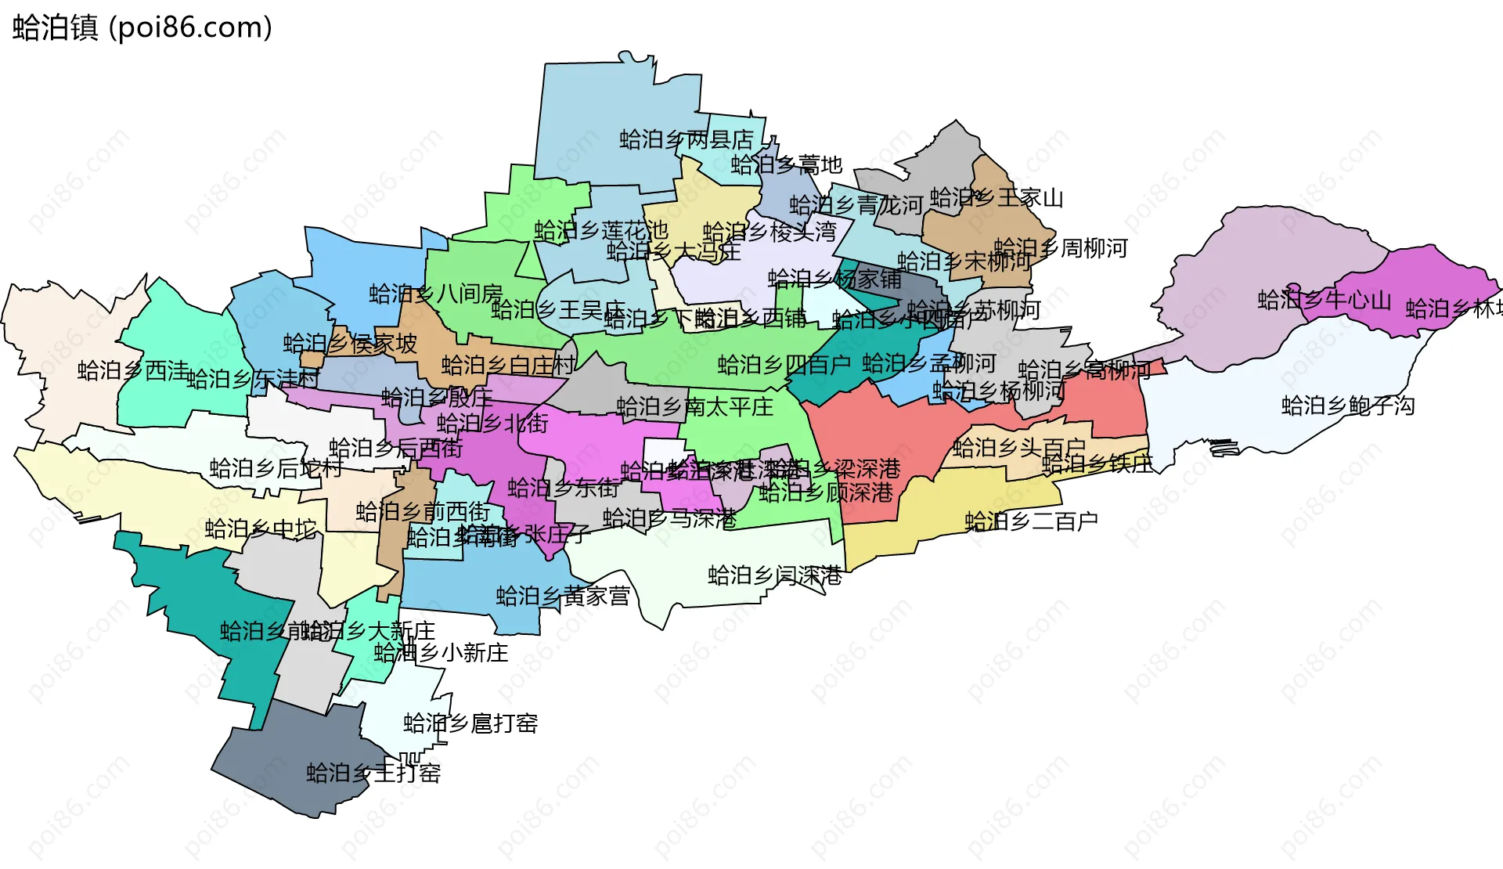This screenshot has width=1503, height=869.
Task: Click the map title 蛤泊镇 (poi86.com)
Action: click(x=142, y=27)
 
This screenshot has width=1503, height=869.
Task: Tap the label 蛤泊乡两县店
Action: click(x=687, y=140)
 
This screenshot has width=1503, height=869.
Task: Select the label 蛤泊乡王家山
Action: click(x=997, y=198)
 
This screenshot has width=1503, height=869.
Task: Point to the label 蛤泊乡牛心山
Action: click(x=1325, y=300)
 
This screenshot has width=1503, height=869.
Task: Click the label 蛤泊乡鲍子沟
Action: click(x=1348, y=406)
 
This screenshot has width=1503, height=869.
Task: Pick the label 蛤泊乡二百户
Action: click(x=1031, y=521)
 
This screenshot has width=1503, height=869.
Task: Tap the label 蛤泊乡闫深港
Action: click(x=775, y=576)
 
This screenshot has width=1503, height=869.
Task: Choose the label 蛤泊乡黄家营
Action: click(x=563, y=597)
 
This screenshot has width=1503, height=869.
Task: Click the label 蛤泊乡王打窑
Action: click(x=373, y=773)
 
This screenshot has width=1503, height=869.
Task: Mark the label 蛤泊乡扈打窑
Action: click(x=470, y=723)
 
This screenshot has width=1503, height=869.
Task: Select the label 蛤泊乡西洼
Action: click(x=133, y=370)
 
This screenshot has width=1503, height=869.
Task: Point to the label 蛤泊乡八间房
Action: click(x=436, y=294)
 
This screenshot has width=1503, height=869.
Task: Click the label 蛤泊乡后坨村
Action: click(x=276, y=468)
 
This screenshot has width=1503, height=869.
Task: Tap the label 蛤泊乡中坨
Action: click(x=261, y=529)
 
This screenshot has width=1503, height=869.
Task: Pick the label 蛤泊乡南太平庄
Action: click(x=694, y=407)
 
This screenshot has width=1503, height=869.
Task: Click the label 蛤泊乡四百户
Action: click(x=784, y=365)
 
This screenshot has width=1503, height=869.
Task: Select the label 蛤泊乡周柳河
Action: click(x=1061, y=249)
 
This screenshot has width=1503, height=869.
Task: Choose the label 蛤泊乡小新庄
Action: click(x=441, y=653)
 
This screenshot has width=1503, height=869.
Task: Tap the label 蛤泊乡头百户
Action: click(x=1019, y=448)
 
